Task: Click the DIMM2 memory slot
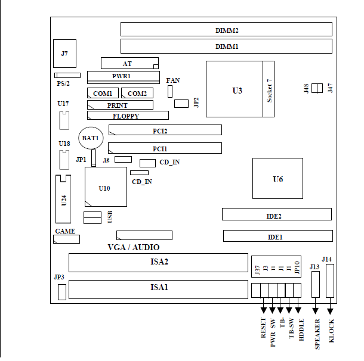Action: point(226,29)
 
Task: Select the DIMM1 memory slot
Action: point(226,46)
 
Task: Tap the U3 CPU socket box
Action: point(235,89)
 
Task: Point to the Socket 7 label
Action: point(269,91)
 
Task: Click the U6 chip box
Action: point(277,178)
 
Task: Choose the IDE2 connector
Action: point(277,214)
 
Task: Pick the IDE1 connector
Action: point(278,236)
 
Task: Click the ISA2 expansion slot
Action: point(158,263)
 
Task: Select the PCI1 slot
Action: point(165,148)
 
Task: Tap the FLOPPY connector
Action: point(128,115)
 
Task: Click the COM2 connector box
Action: point(137,93)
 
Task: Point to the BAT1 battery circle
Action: point(91,138)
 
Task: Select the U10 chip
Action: point(106,187)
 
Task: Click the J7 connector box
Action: point(65,54)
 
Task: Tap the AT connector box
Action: point(129,63)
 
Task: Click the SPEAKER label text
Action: point(317,334)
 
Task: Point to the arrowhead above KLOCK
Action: point(330,312)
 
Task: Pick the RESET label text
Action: point(263,328)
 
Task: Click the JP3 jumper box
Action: point(62,292)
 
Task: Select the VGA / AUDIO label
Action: point(134,247)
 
